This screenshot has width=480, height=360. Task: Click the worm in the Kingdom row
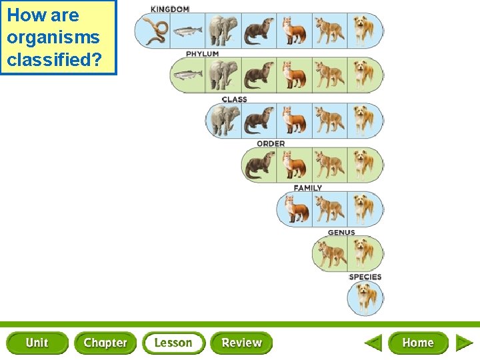pos(154,31)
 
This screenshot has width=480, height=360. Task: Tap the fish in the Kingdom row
pos(187,31)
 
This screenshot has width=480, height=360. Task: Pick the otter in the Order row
pos(259,165)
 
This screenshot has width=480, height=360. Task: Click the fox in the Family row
pos(294,209)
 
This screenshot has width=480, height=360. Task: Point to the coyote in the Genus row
pos(330,254)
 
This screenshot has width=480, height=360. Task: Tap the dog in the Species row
pos(365,297)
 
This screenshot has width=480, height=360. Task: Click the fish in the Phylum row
pos(187,75)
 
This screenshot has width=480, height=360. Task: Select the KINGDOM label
pos(169,9)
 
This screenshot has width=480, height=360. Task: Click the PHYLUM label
pos(202,54)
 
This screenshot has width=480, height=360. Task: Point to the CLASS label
pos(235,99)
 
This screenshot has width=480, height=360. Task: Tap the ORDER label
pos(271,143)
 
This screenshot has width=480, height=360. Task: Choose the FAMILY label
pos(307,188)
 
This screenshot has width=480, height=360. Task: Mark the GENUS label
pos(341,233)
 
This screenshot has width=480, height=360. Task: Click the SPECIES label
pos(365,277)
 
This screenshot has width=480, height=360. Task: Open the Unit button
pos(37,343)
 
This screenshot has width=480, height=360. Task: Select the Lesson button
pos(173,343)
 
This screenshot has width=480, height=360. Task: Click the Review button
pos(241,343)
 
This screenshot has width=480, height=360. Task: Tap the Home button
pos(418,343)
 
